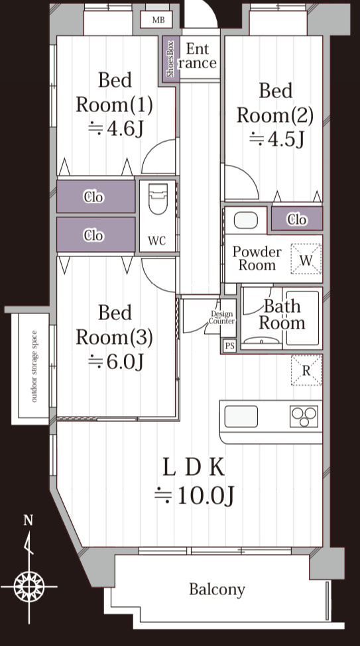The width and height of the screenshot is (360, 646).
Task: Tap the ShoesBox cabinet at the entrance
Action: point(171,60)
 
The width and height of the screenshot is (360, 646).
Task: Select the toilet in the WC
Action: point(158,199)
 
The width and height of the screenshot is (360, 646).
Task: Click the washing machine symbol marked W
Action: point(306,258)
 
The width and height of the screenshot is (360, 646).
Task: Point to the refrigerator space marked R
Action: point(306,370)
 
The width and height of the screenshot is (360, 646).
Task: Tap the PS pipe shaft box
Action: point(229,346)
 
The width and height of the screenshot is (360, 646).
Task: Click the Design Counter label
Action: point(221,317)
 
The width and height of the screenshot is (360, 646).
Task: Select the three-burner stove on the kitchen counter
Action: point(304,417)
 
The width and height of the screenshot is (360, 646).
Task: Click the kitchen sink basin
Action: point(241,417)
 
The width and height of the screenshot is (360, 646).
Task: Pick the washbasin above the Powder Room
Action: point(246,221)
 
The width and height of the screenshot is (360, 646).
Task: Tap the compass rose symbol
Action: point(29,586)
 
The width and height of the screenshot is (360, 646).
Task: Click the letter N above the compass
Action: point(28,520)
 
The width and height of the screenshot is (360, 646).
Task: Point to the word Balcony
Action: point(217,590)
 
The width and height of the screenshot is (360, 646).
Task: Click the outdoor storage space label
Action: point(34,366)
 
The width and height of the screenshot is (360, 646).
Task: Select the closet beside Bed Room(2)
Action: point(297,219)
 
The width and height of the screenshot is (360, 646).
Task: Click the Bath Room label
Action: point(282,314)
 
